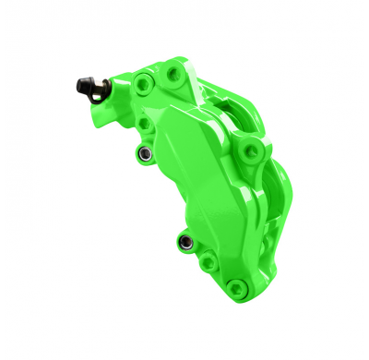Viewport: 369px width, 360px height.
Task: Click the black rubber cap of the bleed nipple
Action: (84, 84)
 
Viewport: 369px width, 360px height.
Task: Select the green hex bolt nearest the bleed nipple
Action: (141, 86)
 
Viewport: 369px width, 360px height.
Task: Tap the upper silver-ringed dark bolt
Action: (144, 152)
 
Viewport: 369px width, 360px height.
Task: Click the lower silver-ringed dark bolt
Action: (184, 243)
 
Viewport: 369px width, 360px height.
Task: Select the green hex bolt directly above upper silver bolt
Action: (142, 123)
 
